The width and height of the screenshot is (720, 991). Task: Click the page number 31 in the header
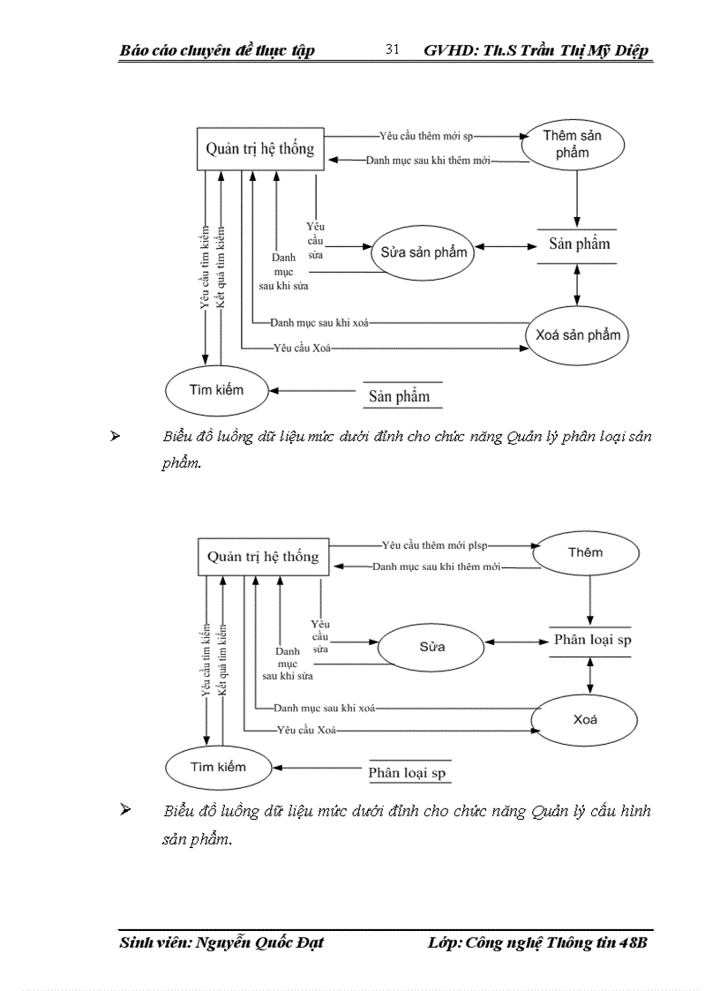(393, 50)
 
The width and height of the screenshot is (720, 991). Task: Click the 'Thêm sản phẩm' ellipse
(572, 145)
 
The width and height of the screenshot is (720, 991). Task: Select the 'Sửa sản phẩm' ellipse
(424, 252)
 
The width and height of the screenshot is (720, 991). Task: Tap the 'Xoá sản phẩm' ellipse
(577, 335)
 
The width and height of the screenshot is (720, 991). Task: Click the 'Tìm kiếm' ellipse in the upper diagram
(216, 389)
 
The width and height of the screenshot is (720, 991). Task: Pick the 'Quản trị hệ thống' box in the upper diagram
(259, 148)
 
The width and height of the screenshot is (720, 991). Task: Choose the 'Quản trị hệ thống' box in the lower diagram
(263, 557)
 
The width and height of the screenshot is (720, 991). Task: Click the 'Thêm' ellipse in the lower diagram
(585, 552)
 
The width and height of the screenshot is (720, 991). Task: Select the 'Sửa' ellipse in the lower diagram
(431, 647)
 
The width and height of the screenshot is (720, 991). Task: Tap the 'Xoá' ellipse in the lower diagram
(585, 719)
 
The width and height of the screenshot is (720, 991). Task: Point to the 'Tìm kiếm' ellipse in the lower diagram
(218, 767)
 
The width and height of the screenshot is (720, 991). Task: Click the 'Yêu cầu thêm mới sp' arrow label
(426, 137)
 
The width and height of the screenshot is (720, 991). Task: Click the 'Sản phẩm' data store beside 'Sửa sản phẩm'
(579, 244)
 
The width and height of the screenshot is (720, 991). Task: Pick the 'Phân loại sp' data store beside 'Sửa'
(592, 640)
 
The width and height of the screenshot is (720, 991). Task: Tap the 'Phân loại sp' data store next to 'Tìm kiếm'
(407, 773)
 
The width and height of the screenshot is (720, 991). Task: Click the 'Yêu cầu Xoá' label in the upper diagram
(302, 349)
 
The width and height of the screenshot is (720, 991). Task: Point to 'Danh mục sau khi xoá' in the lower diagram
(325, 708)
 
